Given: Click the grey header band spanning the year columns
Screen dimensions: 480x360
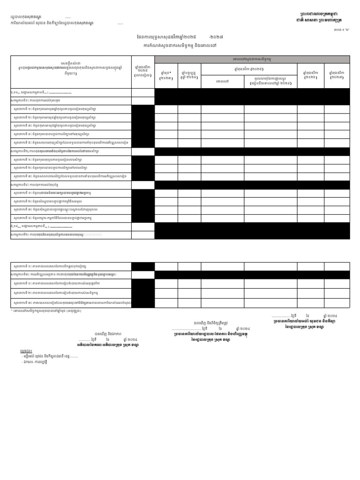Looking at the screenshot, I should [x=252, y=59].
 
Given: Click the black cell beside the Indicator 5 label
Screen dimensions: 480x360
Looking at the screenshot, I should [x=143, y=142].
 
